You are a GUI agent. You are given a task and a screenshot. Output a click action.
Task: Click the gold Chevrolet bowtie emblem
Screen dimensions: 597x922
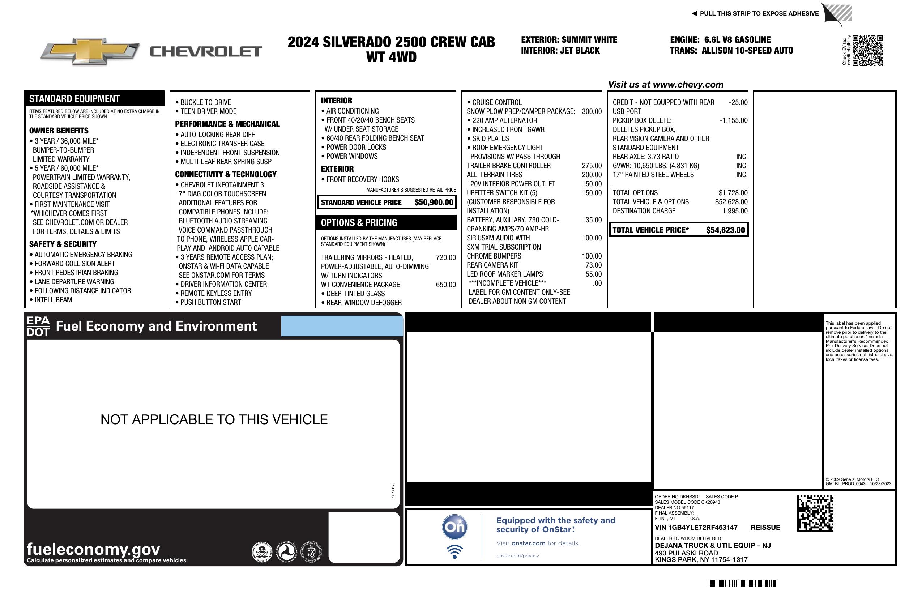(90, 51)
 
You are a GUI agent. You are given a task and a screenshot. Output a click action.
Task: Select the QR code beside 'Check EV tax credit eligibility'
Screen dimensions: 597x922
(867, 50)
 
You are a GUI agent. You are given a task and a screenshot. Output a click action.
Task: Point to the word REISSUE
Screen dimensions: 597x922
(765, 527)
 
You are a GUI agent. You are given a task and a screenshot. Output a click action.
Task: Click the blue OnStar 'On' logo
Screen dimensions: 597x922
(454, 527)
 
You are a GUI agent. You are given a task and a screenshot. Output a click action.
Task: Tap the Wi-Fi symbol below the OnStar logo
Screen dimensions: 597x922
(454, 551)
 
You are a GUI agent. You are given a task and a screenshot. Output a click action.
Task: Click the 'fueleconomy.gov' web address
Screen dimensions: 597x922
(93, 549)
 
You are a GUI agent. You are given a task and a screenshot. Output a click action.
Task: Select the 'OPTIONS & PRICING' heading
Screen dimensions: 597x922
(359, 223)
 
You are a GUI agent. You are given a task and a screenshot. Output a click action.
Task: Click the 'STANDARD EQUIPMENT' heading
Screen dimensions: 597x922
(74, 98)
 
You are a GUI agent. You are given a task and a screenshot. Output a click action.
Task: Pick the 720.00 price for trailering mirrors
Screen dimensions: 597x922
(445, 257)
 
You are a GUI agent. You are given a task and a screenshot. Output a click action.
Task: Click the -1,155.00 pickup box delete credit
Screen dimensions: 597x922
(733, 120)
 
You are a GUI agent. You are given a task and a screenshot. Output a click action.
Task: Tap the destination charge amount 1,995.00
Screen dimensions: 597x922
(734, 211)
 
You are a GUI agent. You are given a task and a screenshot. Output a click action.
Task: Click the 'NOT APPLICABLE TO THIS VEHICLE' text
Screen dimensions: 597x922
(214, 419)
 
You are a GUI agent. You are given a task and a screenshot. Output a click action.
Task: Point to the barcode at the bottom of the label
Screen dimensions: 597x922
(742, 583)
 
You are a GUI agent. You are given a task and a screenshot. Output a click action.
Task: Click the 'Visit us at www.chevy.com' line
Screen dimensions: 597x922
(666, 85)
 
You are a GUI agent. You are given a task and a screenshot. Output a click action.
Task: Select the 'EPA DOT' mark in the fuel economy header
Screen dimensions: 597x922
(38, 326)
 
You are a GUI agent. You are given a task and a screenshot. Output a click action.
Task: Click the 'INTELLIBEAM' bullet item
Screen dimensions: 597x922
(53, 299)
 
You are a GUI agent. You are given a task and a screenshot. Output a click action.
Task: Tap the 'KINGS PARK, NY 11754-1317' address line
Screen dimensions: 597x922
(701, 559)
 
